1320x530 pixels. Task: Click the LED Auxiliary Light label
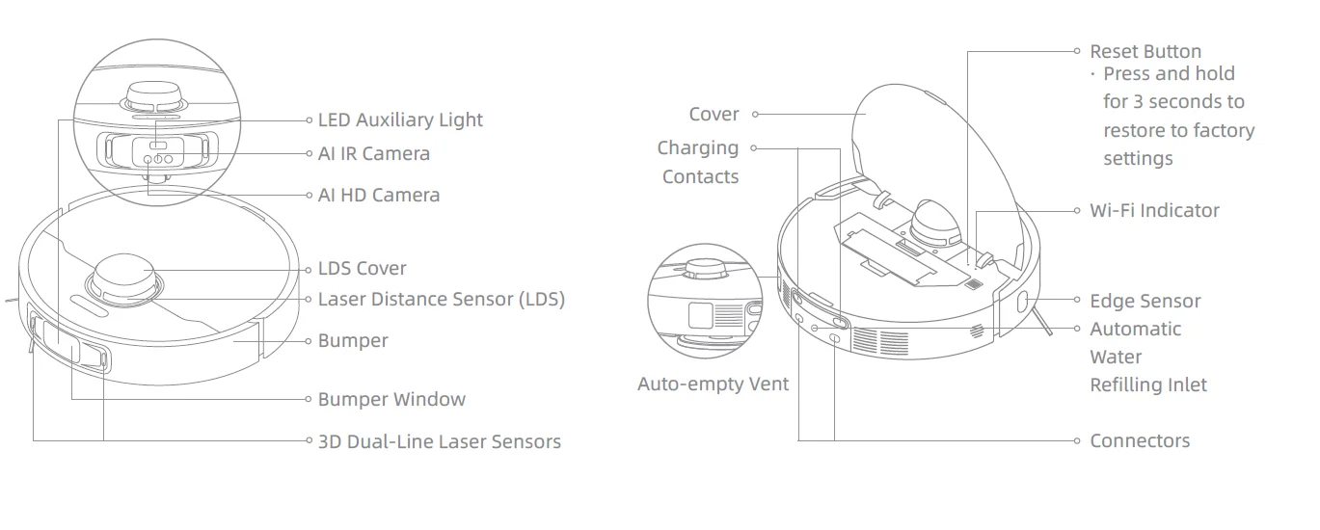400,120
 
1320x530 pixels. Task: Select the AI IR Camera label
374,154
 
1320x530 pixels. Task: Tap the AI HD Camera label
379,196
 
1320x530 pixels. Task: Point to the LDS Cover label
363,269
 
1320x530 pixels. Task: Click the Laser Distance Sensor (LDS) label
442,300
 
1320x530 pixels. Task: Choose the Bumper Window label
391,400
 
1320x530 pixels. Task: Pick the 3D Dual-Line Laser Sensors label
440,442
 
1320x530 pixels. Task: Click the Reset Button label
1145,52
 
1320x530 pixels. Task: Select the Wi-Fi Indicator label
1154,211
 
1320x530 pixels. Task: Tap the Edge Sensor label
1145,302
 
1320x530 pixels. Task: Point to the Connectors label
1140,441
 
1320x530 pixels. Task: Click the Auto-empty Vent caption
713,384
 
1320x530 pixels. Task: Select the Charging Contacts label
699,162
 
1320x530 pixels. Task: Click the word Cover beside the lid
714,115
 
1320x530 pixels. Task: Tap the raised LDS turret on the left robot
123,277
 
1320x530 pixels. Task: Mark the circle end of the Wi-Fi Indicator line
1078,211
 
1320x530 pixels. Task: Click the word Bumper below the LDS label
353,341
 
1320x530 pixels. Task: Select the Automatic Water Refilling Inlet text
1147,358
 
